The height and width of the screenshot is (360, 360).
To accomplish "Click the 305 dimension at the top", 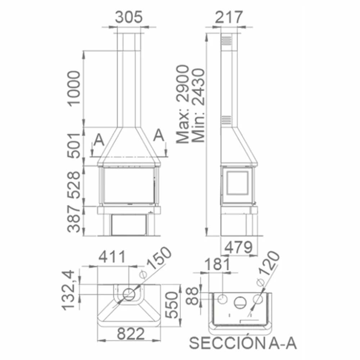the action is (x=129, y=17).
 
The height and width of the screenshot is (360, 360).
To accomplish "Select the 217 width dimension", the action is (x=229, y=17).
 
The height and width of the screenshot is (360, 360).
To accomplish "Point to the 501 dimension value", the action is (x=74, y=145).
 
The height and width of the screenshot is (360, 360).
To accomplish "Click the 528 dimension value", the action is (x=74, y=185).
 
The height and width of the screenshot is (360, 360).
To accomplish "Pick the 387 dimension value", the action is (x=74, y=219).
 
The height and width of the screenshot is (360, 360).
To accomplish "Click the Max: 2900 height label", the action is (x=183, y=104).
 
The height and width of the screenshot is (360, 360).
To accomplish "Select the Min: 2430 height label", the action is (x=198, y=105).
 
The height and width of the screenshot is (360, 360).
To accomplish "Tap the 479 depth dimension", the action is (x=239, y=247).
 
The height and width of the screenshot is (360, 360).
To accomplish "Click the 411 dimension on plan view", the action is (x=112, y=256).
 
